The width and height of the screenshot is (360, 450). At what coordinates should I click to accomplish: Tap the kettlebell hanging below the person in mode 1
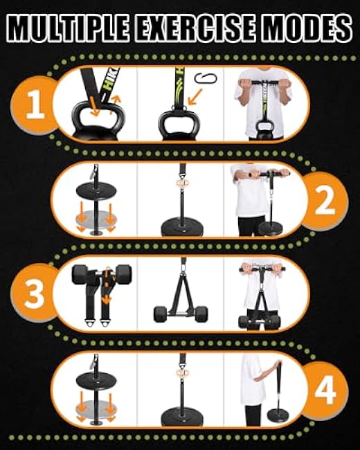[265, 128]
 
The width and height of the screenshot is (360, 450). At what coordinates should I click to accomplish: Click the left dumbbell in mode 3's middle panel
[161, 314]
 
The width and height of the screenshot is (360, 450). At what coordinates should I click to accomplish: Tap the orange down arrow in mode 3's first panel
[106, 299]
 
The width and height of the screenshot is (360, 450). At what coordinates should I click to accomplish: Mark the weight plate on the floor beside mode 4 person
[279, 416]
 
